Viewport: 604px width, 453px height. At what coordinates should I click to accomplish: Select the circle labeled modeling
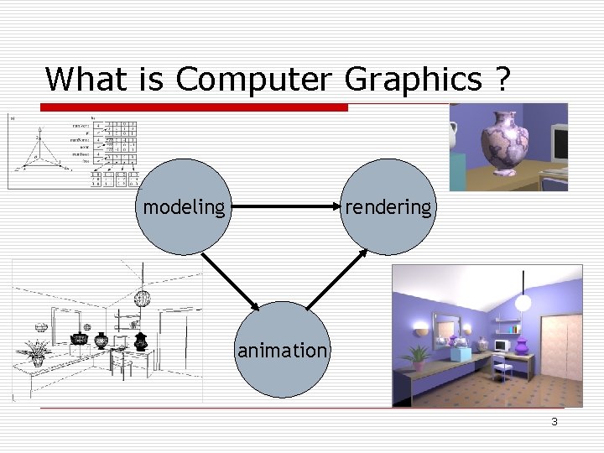coord(184,206)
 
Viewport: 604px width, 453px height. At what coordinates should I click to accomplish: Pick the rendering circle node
coord(388,206)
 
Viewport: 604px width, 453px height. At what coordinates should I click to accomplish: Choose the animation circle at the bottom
coord(282,350)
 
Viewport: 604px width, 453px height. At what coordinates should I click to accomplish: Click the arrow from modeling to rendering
coord(285,206)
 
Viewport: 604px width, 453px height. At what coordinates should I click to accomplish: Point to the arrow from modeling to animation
coord(232,281)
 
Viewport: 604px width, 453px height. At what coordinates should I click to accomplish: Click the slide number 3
coord(554,421)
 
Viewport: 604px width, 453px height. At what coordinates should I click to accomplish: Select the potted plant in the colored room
coord(417,356)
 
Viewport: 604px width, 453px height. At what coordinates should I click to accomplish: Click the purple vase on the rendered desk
coord(522,345)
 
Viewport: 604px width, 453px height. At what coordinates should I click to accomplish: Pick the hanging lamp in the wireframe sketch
coord(143,299)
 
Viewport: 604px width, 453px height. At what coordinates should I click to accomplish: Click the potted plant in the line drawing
coord(36,351)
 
